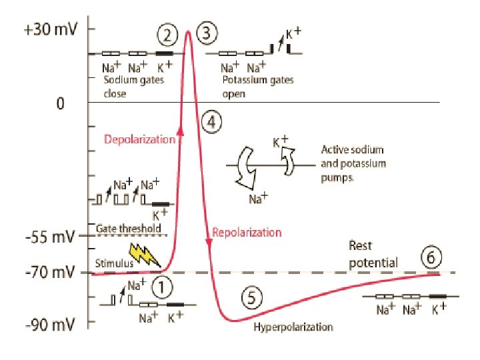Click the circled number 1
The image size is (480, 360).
(x=162, y=288)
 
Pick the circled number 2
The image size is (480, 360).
(x=168, y=34)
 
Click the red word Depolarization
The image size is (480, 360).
(x=139, y=139)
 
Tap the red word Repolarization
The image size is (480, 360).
(x=247, y=233)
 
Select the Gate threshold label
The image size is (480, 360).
(x=129, y=229)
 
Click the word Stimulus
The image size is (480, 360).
(x=114, y=263)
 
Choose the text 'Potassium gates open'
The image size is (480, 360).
(x=258, y=87)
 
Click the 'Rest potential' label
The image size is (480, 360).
(x=373, y=254)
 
